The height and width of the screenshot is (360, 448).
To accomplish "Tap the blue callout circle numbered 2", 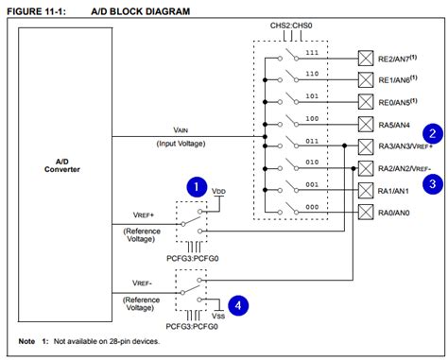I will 431,134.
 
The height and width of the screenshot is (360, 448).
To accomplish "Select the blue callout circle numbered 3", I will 431,184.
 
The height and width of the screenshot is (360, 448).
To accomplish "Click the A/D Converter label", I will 55,164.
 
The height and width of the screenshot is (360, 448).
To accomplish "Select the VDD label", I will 219,191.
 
